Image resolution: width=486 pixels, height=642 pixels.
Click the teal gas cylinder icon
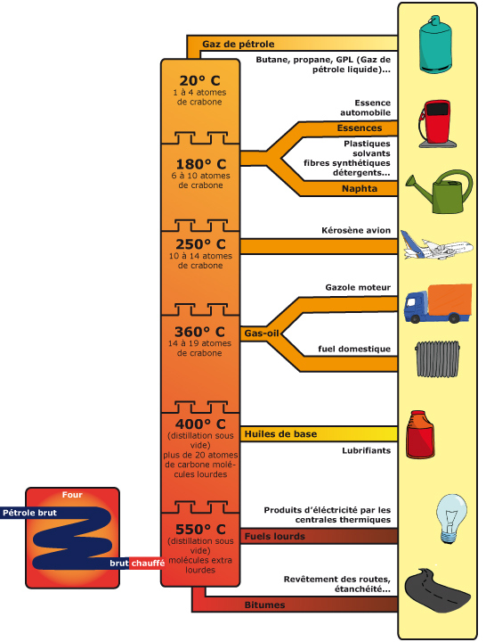tap(436, 45)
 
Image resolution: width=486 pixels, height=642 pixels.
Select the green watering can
tap(441, 192)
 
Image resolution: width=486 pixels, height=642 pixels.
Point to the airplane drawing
tap(436, 246)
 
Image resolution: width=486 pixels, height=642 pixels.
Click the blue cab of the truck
tap(416, 307)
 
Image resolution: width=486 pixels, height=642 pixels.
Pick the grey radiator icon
tap(437, 358)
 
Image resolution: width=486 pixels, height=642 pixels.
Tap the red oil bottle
tap(420, 434)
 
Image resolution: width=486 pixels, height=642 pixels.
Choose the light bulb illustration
tap(451, 518)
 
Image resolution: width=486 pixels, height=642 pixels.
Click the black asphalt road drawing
tap(436, 590)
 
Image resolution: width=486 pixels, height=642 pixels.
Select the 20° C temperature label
tap(200, 80)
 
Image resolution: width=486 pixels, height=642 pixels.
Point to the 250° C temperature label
tap(200, 244)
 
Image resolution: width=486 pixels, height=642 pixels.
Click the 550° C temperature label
tap(200, 529)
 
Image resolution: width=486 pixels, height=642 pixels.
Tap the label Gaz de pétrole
tap(239, 45)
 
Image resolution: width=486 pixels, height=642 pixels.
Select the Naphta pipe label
tap(360, 189)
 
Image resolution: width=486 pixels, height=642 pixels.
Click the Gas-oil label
tap(262, 333)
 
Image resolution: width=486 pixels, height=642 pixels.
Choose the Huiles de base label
tap(280, 434)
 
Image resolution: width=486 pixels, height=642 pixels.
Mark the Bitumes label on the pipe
tap(264, 605)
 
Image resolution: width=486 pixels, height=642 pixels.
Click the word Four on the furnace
tap(72, 495)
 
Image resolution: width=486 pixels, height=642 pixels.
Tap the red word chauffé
tap(148, 564)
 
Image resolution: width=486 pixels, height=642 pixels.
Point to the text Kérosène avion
tap(356, 231)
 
